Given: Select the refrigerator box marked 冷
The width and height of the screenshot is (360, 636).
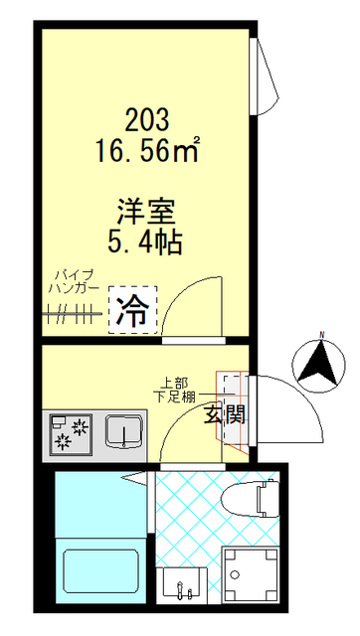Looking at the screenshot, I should (x=132, y=312).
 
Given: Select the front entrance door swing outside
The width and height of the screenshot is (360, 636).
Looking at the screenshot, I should (x=288, y=408).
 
